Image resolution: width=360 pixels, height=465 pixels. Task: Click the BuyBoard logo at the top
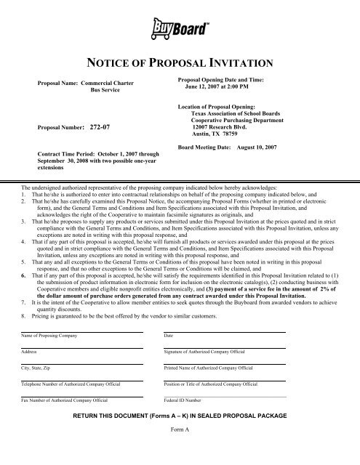coord(181,31)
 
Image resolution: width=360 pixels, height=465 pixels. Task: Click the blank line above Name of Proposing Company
coord(81,331)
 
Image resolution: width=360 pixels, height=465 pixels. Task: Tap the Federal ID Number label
coord(185,400)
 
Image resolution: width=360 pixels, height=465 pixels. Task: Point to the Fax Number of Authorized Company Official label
coord(65,400)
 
